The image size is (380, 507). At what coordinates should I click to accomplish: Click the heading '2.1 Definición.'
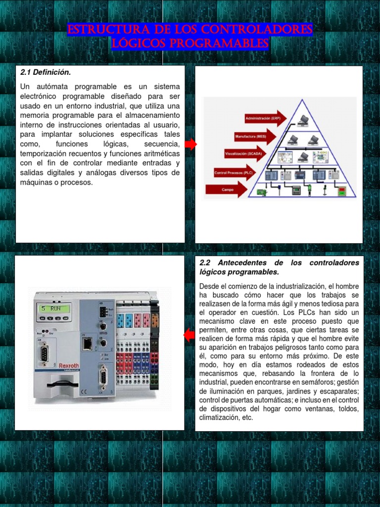tap(46, 72)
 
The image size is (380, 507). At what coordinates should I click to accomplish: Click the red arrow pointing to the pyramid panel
tap(190, 144)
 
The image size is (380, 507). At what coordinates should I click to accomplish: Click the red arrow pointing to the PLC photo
tap(189, 336)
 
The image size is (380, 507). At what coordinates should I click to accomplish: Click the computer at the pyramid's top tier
tap(304, 119)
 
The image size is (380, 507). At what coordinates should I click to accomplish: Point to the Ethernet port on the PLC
tap(88, 343)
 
